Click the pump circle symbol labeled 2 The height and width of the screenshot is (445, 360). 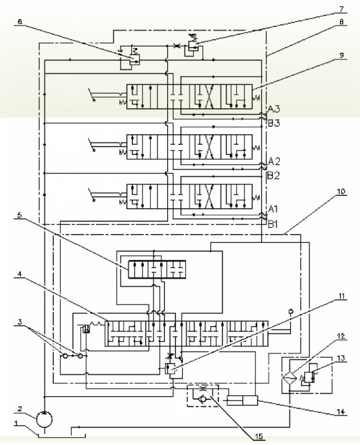pos(44,419)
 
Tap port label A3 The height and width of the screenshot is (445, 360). pos(274,109)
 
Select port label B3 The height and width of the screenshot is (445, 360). pos(274,123)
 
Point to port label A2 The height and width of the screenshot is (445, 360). pos(274,162)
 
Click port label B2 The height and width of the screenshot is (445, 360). pos(274,176)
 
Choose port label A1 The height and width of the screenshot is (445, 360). pos(273,209)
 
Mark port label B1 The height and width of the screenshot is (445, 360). pos(273,224)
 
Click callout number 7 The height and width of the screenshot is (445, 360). pos(341,9)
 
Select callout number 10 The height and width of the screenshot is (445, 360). pos(341,191)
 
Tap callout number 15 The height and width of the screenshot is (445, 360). pos(259,436)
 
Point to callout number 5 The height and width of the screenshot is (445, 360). pos(19,215)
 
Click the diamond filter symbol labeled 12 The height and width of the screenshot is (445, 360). pos(290,378)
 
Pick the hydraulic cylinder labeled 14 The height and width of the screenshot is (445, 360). pos(242,401)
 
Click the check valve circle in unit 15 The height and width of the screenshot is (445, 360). pos(203,400)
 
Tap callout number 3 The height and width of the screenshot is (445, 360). pos(20,322)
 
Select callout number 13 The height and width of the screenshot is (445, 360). pos(341,358)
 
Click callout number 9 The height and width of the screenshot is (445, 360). pos(341,55)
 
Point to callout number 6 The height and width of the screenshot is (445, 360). pos(19,21)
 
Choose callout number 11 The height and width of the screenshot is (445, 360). pos(341,296)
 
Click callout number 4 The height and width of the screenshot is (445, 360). pos(19,274)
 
